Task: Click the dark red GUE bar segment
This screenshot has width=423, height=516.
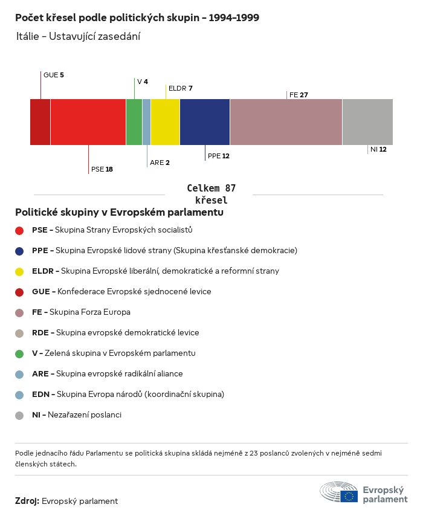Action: pos(40,122)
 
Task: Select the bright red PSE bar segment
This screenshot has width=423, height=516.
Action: pos(88,122)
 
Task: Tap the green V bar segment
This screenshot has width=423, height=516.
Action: pos(134,122)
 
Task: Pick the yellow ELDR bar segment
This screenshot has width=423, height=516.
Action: pos(165,122)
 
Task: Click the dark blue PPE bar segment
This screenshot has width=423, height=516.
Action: pos(205,122)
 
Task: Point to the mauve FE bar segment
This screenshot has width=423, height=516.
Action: pos(286,122)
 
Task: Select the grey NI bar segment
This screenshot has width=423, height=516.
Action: pos(367,122)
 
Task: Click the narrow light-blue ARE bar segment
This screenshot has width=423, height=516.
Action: pos(146,122)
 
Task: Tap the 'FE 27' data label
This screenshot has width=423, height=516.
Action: pos(299,95)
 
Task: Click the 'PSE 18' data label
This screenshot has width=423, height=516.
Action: pos(102,170)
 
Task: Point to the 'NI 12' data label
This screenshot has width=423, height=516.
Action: pos(378,149)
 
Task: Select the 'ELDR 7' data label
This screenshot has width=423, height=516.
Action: pos(180,88)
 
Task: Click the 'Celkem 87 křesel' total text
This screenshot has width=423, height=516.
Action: pos(211,195)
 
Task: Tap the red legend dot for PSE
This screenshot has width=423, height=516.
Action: pos(19,230)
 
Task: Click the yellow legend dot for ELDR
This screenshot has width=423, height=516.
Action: pos(19,271)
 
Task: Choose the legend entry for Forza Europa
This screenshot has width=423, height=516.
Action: pos(81,312)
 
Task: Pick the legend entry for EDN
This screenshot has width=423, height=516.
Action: pos(128,395)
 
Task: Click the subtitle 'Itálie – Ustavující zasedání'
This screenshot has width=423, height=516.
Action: pos(79,37)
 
